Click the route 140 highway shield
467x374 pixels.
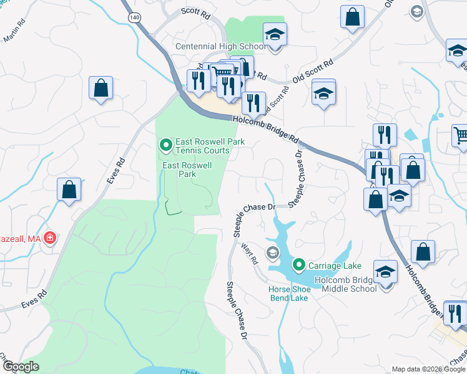point(134,17)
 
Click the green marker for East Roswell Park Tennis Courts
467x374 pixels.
point(165,146)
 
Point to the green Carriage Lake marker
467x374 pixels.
point(299,266)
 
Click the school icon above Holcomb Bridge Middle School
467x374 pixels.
point(386,272)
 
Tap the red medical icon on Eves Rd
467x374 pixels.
point(50,238)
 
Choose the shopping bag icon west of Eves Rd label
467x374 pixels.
point(69,189)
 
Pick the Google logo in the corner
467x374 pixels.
point(20,367)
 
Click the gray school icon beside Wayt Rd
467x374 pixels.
point(272,252)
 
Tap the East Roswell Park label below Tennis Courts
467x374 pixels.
point(187,170)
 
